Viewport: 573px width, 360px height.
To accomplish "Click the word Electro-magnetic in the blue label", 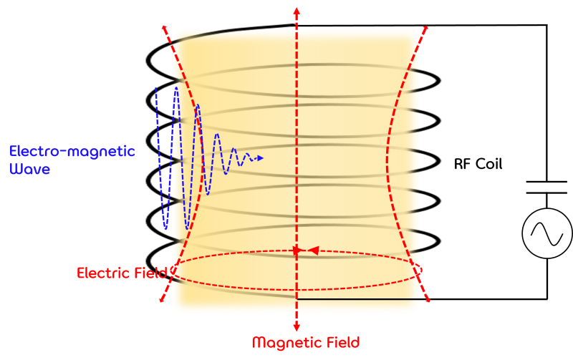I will (x=72, y=152).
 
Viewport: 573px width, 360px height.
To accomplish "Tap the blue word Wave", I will (x=30, y=170).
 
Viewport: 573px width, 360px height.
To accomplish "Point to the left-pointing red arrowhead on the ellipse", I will (x=312, y=250).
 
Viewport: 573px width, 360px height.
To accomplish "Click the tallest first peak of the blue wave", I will (x=176, y=89).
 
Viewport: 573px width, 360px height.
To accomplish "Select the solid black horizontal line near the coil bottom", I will (x=358, y=299).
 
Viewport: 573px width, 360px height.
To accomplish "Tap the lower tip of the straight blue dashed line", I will (x=165, y=228).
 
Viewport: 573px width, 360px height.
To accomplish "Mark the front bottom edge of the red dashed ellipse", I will (x=296, y=288).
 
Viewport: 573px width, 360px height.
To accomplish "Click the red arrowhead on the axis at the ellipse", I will (x=297, y=251).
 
